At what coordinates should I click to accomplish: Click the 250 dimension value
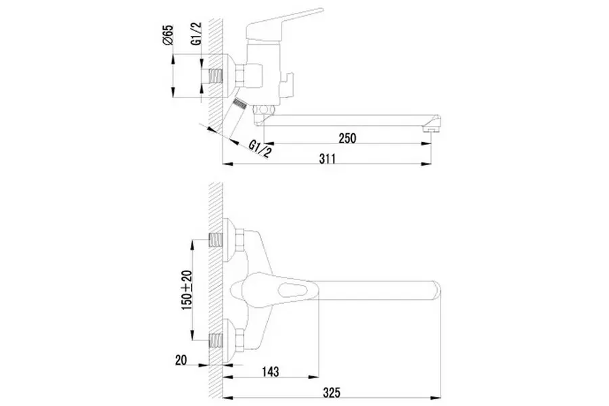347,138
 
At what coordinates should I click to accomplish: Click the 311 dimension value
328,158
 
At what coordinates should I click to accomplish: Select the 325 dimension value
332,392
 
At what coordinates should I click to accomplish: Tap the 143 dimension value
270,371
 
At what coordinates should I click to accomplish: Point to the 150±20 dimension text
187,290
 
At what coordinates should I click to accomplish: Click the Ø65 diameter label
168,35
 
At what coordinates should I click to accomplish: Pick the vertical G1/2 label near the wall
197,33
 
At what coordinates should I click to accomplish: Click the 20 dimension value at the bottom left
181,360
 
